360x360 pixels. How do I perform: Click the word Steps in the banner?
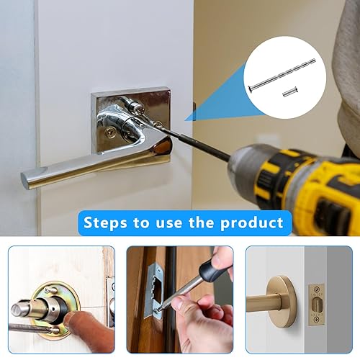(x=105, y=223)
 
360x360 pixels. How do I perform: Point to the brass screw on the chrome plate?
(x=110, y=132)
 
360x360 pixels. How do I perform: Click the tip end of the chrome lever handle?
(x=25, y=181)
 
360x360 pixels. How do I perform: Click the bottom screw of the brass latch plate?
(x=317, y=319)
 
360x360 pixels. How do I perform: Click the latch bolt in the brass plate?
(x=317, y=304)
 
